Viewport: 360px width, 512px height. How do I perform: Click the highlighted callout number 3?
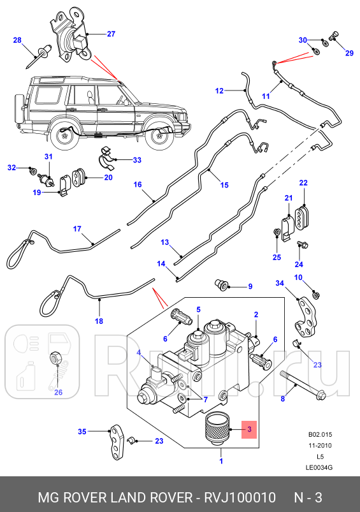(x=250, y=430)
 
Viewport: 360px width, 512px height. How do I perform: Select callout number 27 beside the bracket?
(x=111, y=34)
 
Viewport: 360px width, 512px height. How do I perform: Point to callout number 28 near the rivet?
(x=17, y=40)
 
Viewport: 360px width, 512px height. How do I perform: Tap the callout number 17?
(x=77, y=229)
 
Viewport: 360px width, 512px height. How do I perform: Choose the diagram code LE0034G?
(x=319, y=467)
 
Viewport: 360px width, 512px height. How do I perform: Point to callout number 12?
(x=219, y=91)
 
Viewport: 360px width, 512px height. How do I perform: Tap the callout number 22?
(x=303, y=183)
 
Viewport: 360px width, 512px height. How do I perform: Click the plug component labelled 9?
(x=223, y=284)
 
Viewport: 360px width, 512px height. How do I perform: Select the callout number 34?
(x=279, y=282)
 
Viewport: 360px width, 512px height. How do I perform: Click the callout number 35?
(x=82, y=432)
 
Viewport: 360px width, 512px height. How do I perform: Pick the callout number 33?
(x=138, y=160)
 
